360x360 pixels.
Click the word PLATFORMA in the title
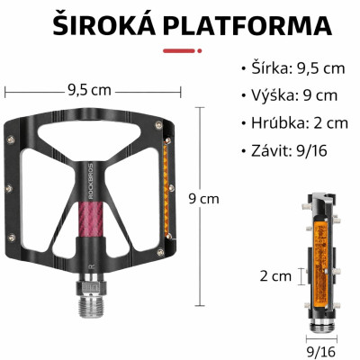[249, 25]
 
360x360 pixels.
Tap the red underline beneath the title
[180, 49]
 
